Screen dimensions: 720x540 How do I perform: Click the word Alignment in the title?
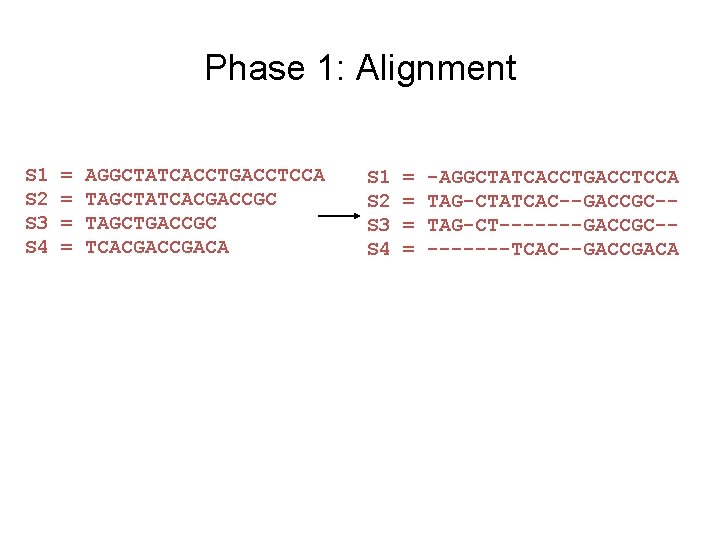tap(436, 68)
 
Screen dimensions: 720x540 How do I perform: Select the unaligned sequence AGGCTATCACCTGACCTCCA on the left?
tap(205, 176)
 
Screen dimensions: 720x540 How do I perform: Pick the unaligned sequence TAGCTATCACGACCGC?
tap(181, 199)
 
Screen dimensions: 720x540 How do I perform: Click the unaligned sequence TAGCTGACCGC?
tap(151, 222)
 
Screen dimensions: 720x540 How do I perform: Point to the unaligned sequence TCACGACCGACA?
tap(157, 246)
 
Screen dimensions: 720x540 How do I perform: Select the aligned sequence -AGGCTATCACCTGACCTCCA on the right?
tap(553, 178)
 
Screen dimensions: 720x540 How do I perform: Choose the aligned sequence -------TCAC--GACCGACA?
tap(553, 249)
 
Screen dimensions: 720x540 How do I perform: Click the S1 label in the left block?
tap(37, 176)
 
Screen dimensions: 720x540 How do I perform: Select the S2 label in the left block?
tap(37, 199)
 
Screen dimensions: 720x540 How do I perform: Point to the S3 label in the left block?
tap(37, 222)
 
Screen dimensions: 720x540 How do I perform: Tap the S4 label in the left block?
tap(37, 246)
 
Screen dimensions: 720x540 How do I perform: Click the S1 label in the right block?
tap(379, 178)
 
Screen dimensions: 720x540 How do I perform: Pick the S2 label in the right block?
tap(379, 201)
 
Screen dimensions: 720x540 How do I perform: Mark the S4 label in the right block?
tap(379, 249)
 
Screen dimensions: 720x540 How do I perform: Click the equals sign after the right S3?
tap(408, 225)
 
